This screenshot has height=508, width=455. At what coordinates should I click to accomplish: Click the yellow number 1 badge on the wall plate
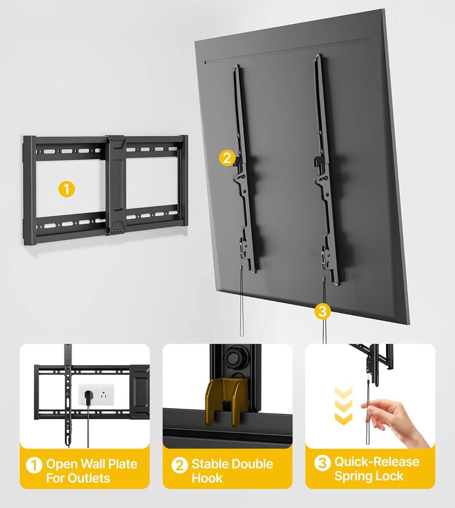tap(67, 189)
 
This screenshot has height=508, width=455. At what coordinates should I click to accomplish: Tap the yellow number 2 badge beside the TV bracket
tap(227, 158)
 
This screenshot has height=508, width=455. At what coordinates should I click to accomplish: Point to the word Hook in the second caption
tap(207, 478)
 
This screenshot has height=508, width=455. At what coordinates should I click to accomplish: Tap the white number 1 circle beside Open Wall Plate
tap(34, 465)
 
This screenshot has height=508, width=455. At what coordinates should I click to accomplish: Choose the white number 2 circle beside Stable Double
tap(179, 465)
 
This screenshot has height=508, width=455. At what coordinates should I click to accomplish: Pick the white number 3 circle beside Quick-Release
tap(322, 463)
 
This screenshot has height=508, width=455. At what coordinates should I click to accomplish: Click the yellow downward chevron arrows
tap(344, 406)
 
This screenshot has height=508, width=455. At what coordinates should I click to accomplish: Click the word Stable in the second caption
tap(210, 464)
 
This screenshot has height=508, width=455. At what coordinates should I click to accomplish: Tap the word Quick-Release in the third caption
tap(377, 461)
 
